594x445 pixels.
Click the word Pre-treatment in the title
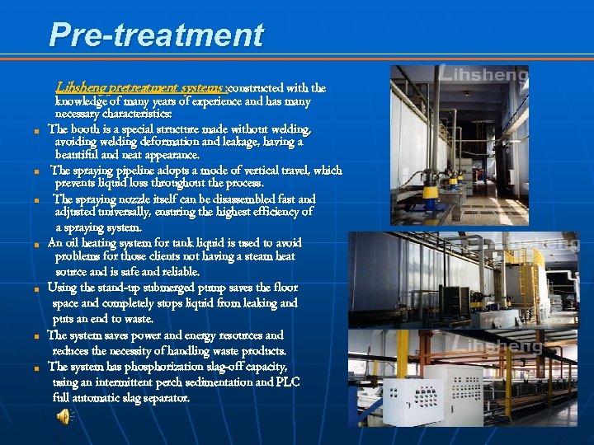click(156, 35)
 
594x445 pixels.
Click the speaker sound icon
click(64, 416)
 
